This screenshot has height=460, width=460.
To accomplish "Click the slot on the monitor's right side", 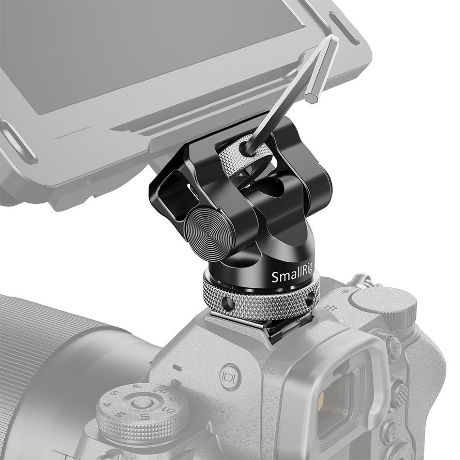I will point(344,35).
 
